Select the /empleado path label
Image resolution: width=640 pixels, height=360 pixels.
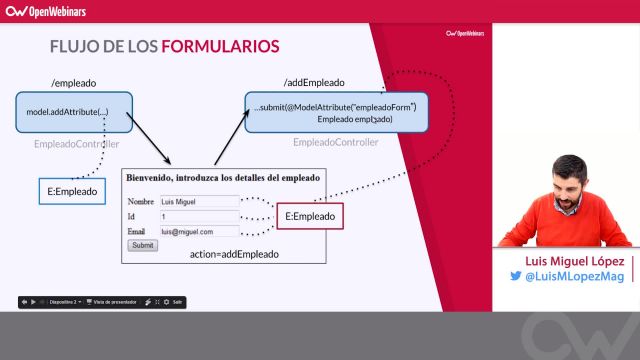(x=72, y=83)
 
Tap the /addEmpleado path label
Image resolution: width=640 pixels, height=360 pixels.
(x=314, y=83)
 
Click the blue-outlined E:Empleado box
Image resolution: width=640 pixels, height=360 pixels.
(x=72, y=190)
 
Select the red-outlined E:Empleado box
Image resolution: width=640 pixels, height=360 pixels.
(x=310, y=216)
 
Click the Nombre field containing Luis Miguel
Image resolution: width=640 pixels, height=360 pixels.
(x=198, y=201)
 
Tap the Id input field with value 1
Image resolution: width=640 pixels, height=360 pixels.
(x=198, y=216)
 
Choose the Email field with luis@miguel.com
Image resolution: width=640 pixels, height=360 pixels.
(x=198, y=231)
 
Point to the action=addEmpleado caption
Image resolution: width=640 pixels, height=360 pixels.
(x=234, y=255)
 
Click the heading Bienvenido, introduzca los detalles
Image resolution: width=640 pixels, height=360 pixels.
(x=222, y=177)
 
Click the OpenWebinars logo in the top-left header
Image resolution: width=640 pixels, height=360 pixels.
(x=48, y=12)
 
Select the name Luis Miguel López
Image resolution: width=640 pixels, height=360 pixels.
(x=566, y=260)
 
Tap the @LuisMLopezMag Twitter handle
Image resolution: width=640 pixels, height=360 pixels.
(x=574, y=276)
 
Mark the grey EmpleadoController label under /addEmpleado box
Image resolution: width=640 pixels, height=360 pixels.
(x=335, y=142)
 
